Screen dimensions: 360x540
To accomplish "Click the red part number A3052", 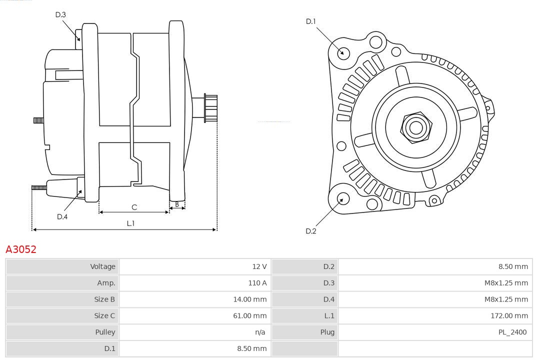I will pos(21,249).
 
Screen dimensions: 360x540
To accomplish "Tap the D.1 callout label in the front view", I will pos(311,21).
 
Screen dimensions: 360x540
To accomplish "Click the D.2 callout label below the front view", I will pos(311,231).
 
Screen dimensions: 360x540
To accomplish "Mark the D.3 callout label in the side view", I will pos(60,15).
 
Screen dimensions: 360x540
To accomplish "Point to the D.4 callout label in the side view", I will pos(62,216).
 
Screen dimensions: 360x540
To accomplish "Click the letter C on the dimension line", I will pos(134,207).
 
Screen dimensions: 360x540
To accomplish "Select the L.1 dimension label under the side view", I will pos(130,223).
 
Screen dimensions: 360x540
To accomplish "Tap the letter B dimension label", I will pos(177,204).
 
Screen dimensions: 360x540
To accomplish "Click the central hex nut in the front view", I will pos(415,127).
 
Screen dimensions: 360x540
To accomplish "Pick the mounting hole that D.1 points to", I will pos(343,52).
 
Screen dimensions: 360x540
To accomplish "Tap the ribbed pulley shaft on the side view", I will pos(210,108).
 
